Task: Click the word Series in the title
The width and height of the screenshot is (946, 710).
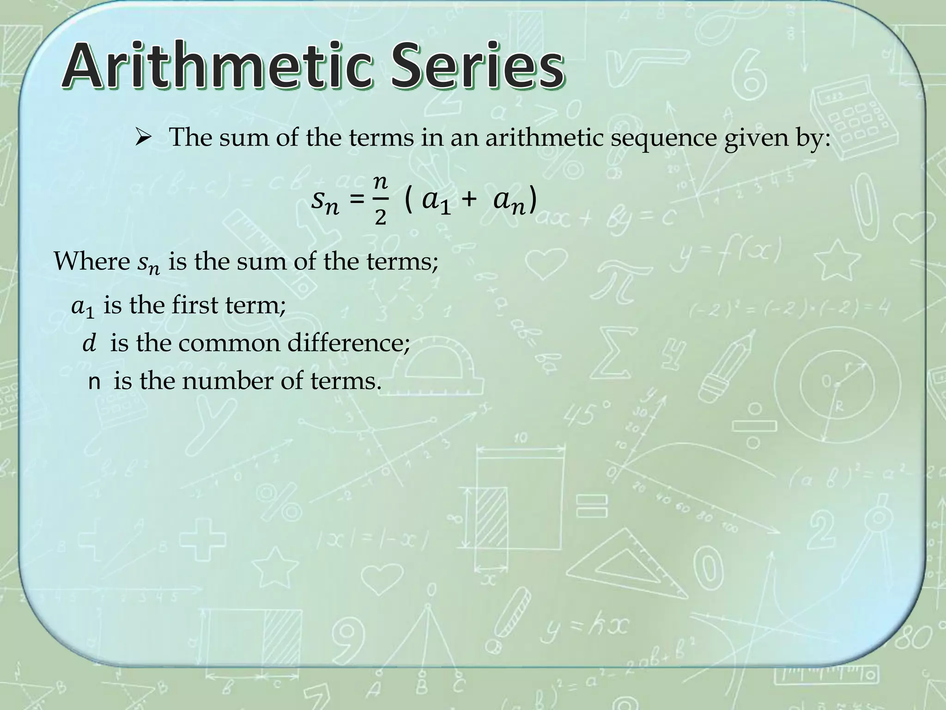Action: pos(478,66)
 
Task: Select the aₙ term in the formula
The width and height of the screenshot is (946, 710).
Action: pos(509,202)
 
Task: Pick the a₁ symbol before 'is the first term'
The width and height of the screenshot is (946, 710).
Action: pos(83,307)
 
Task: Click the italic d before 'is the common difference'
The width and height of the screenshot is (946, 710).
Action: pos(89,344)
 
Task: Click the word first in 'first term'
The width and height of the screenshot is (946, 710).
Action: pos(194,306)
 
